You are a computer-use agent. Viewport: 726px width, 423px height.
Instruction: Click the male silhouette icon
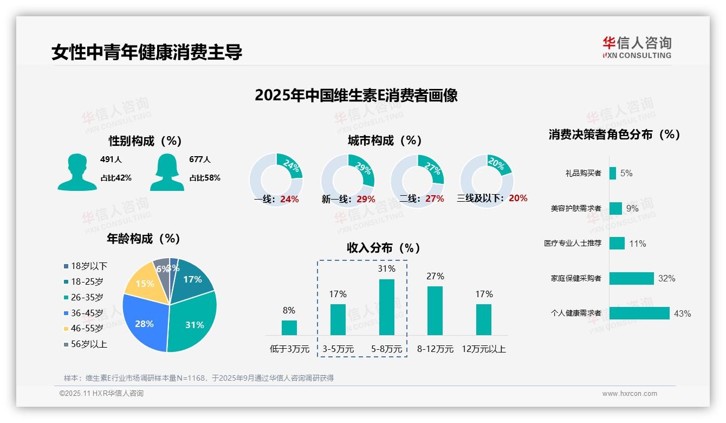click(x=77, y=172)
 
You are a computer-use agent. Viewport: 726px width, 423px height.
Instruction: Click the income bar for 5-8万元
click(x=386, y=307)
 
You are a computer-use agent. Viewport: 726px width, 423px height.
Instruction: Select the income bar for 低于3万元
click(x=289, y=328)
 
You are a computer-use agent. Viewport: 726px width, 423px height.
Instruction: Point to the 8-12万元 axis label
click(x=435, y=349)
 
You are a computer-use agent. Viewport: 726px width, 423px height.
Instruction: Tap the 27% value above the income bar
click(x=435, y=277)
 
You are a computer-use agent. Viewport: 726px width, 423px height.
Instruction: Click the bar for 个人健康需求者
click(x=639, y=313)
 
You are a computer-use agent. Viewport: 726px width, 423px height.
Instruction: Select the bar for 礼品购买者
click(x=612, y=173)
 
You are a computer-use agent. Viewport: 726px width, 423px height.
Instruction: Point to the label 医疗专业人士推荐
click(x=573, y=243)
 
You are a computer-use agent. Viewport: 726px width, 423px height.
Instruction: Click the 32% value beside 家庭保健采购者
click(x=666, y=279)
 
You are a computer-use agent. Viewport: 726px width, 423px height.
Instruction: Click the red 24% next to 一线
click(x=289, y=199)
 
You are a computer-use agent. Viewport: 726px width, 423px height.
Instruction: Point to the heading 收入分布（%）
click(x=384, y=248)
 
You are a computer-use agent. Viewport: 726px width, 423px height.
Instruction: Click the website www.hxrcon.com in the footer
click(x=630, y=394)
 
